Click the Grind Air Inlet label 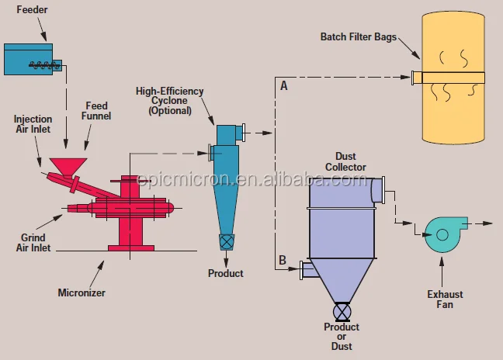pyautogui.click(x=30, y=243)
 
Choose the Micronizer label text pyautogui.click(x=82, y=292)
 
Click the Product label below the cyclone pyautogui.click(x=226, y=273)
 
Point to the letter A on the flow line pyautogui.click(x=283, y=87)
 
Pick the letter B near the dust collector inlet pyautogui.click(x=283, y=259)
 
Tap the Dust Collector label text pyautogui.click(x=346, y=161)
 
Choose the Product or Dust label pyautogui.click(x=342, y=337)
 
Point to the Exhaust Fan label pyautogui.click(x=445, y=299)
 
